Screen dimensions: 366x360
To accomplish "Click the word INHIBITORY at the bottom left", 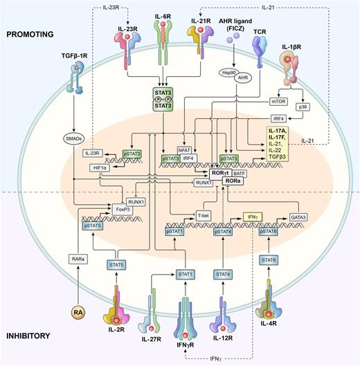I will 30,335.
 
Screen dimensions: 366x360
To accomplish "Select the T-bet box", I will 204,215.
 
